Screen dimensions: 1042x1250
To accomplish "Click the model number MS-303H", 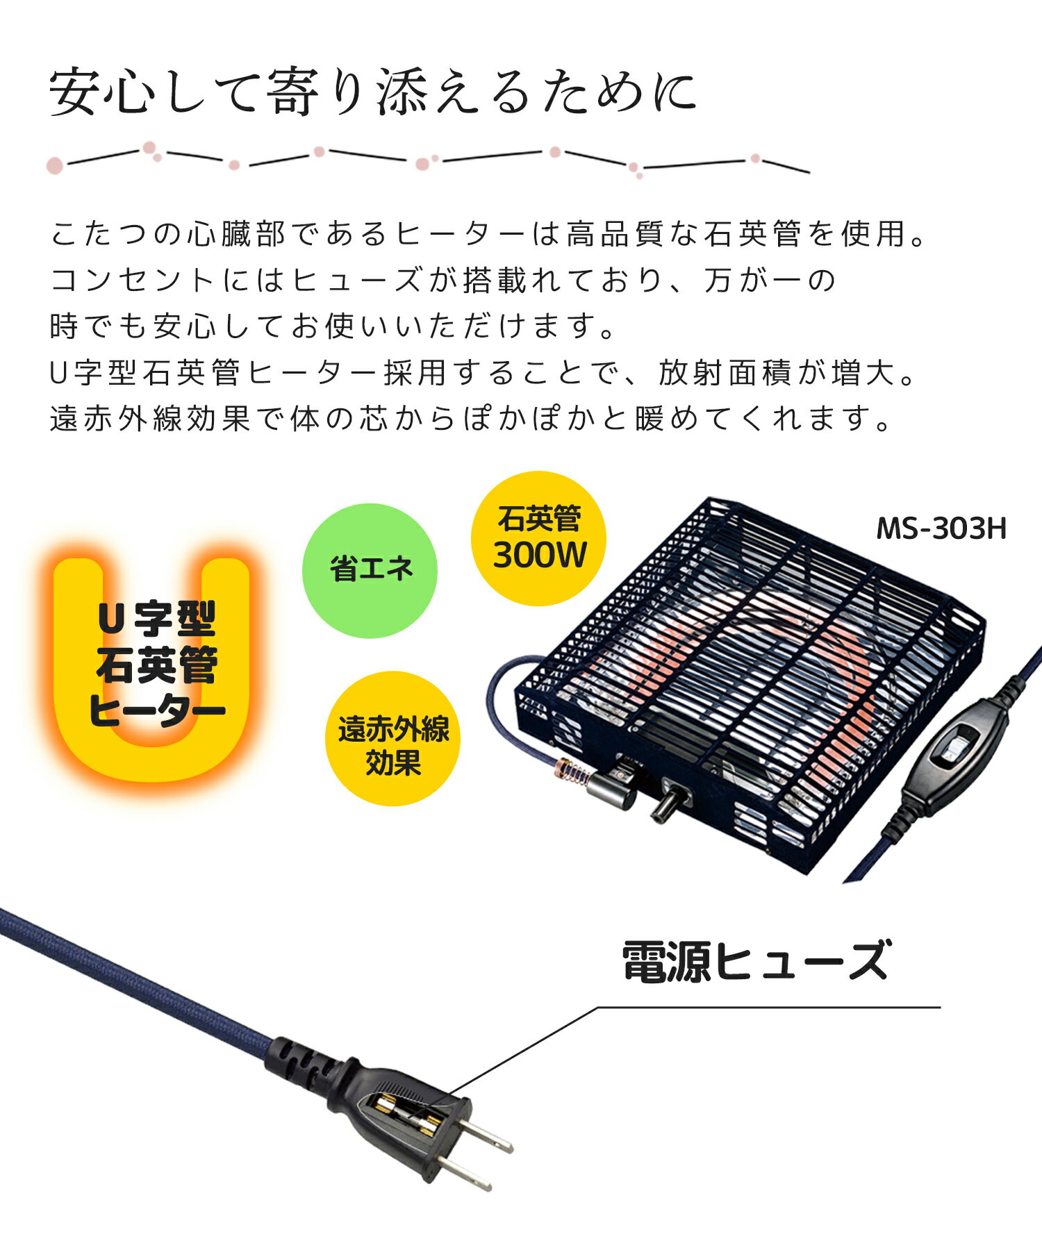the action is [941, 529].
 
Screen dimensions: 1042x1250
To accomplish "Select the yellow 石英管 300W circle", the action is [538, 538].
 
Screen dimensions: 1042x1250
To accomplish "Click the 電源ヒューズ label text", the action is [755, 961].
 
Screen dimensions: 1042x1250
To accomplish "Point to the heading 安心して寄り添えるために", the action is [374, 92].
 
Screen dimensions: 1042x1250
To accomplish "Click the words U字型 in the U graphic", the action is [157, 619].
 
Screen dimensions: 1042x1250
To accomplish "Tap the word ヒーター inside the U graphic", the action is [157, 710].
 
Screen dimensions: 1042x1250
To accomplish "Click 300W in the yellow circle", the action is [540, 555].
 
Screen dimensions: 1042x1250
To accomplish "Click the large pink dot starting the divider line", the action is [55, 165].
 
